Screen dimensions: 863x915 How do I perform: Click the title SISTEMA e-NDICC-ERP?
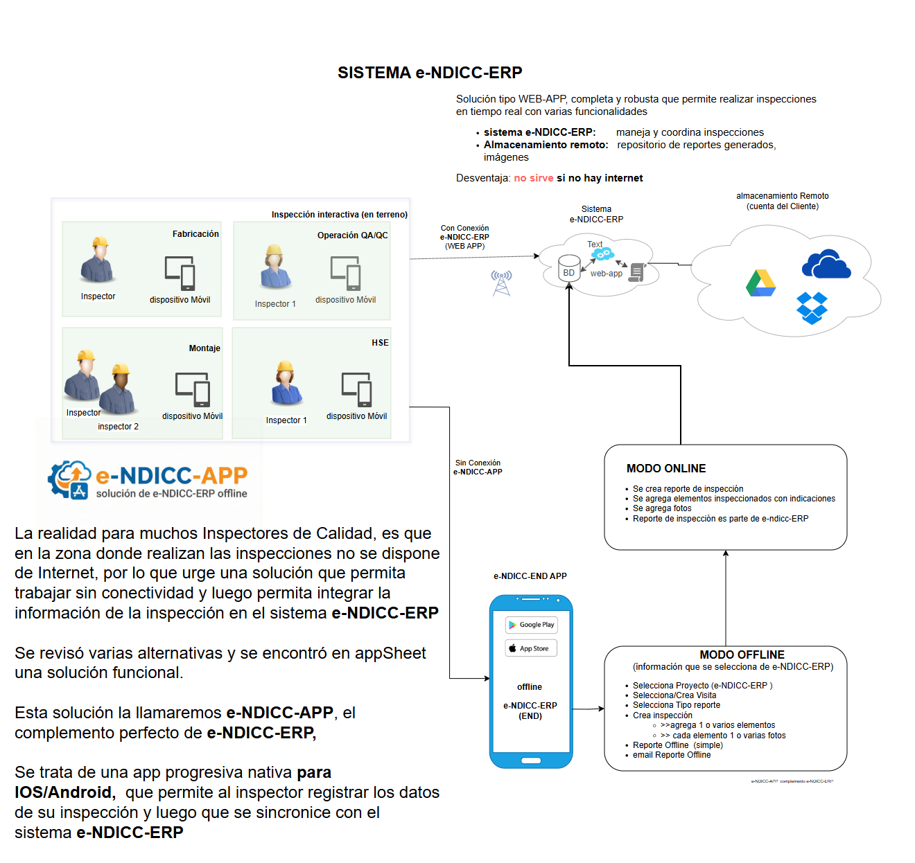point(430,73)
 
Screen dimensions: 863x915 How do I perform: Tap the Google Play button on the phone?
point(531,625)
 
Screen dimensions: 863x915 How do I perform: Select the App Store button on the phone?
point(531,649)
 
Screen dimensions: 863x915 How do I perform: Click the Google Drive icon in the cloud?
point(760,283)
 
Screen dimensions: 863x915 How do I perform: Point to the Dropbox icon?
point(812,308)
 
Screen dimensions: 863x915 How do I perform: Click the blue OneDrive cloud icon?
point(826,265)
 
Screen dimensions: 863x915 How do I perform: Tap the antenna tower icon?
point(501,283)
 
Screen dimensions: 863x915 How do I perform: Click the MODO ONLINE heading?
point(666,469)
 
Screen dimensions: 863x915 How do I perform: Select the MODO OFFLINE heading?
point(742,655)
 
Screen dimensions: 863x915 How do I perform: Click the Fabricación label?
point(195,234)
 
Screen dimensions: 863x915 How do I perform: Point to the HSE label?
point(380,343)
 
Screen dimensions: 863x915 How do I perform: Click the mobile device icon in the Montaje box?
point(193,389)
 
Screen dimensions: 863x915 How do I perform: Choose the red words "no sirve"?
point(533,178)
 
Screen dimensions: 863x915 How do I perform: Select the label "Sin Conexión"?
point(478,463)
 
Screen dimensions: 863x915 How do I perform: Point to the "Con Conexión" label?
point(464,228)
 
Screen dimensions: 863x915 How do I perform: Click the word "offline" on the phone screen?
point(530,687)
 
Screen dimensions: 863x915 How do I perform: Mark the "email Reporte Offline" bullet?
point(671,755)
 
